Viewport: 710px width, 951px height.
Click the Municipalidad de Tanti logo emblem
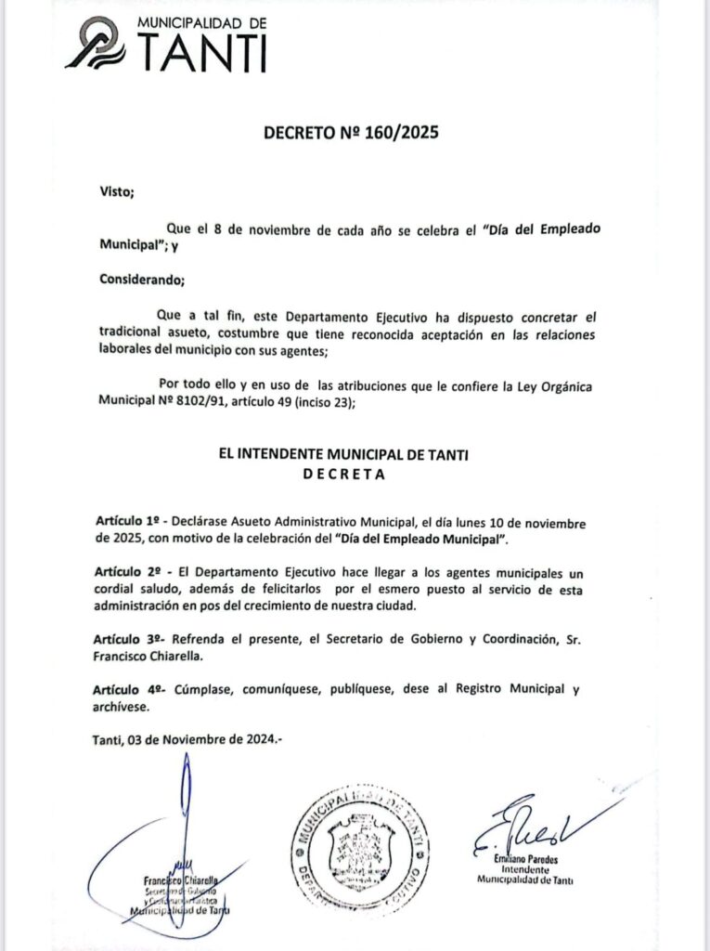click(x=97, y=45)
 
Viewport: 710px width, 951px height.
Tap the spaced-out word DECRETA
click(x=342, y=473)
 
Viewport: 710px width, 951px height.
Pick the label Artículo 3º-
click(x=130, y=640)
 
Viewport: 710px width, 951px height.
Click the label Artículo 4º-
click(x=130, y=690)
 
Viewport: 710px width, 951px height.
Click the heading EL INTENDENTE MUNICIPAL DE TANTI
click(x=342, y=454)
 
